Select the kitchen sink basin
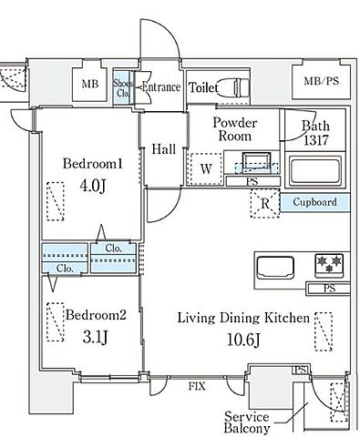pos(275,268)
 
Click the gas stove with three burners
pos(329,265)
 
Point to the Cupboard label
pos(314,202)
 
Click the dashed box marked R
pos(265,203)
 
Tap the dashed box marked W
pos(206,168)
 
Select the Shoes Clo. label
pos(123,88)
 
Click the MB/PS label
pos(321,81)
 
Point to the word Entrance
pos(161,87)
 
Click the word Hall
pos(164,149)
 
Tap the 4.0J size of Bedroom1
pos(93,186)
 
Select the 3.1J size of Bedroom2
pos(95,337)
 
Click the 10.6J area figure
pos(243,340)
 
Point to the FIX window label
pos(197,386)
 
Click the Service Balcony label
pos(247,422)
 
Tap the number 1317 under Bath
pos(316,140)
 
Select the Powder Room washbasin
pos(256,161)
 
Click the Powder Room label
pos(235,129)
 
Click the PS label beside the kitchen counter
pos(329,288)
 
